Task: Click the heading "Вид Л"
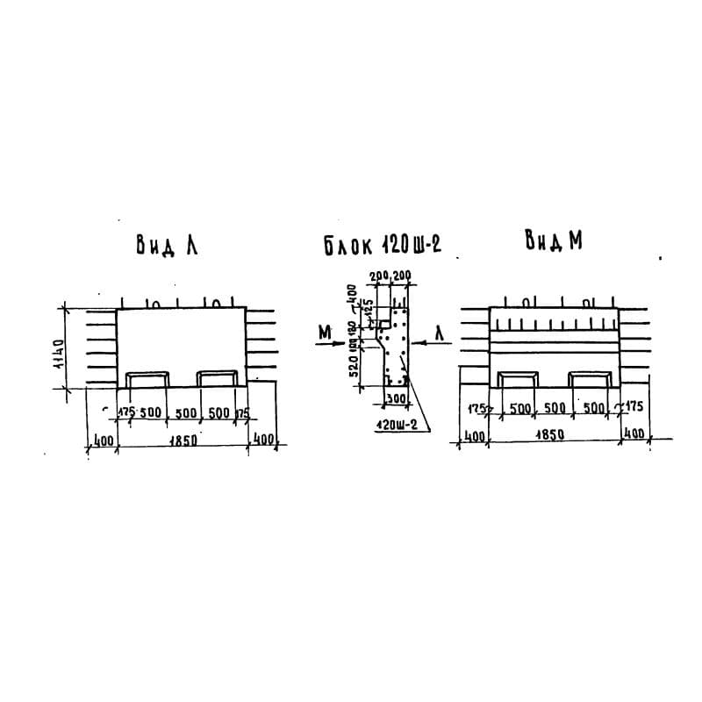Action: click(x=166, y=245)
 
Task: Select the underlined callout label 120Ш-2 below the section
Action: click(x=395, y=426)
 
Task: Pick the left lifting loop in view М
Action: click(x=519, y=379)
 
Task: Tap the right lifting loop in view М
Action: click(x=590, y=379)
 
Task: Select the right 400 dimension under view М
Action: click(x=633, y=434)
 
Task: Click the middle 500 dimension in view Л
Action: click(x=183, y=413)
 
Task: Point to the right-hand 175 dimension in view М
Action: click(x=632, y=406)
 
